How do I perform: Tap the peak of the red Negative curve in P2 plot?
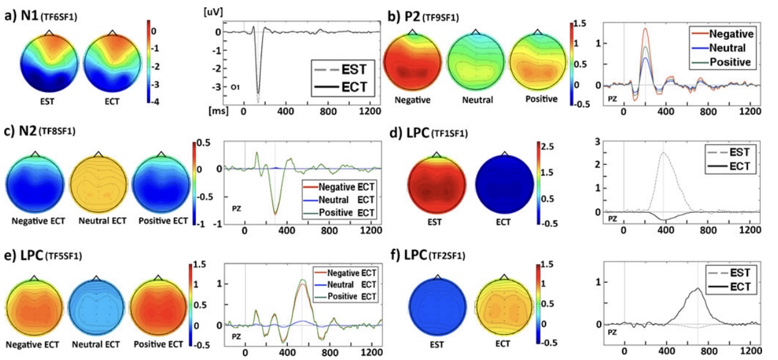coord(645,28)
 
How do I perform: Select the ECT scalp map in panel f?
coord(504,305)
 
